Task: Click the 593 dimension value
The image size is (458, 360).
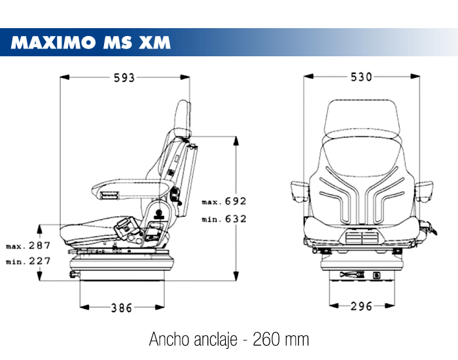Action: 124,78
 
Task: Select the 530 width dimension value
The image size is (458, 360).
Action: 361,77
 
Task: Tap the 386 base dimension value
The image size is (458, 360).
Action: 122,307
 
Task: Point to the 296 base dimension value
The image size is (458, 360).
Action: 361,306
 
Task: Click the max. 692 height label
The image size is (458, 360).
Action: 224,202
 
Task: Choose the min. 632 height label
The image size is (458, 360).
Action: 224,219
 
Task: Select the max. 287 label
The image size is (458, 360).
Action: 29,246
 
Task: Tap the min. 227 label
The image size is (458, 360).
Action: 29,262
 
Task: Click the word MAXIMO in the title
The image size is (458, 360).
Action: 53,43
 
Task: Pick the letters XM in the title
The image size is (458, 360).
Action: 155,43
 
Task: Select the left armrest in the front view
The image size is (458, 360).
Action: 298,190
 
